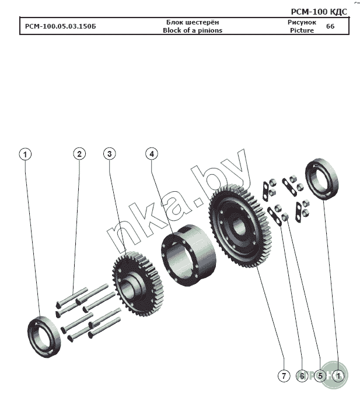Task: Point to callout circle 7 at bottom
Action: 283,376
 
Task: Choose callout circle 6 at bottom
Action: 301,376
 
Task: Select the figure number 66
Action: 330,26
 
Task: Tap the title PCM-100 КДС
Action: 318,12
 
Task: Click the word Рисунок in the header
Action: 302,22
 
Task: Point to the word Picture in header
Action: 302,30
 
